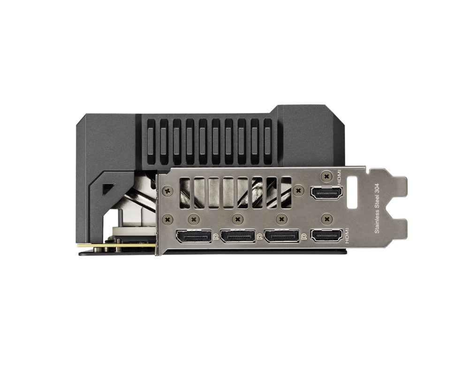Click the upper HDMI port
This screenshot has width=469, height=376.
326,193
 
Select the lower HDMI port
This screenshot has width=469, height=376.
326,235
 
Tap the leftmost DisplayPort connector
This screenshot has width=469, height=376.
194,236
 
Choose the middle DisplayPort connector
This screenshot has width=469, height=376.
238,236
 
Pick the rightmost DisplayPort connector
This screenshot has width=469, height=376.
281,236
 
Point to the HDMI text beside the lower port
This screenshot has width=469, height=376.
348,235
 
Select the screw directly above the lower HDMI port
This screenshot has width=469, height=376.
326,219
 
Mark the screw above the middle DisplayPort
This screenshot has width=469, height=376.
238,219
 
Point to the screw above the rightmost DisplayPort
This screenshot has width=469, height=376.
281,219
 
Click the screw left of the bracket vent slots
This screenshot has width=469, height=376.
165,190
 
